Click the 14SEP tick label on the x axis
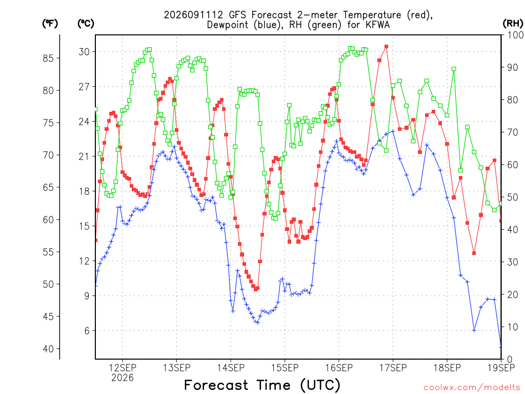pyautogui.click(x=231, y=368)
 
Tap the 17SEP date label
pyautogui.click(x=393, y=368)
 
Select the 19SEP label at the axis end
pyautogui.click(x=501, y=368)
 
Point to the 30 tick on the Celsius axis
pyautogui.click(x=85, y=52)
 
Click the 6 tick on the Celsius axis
pyautogui.click(x=87, y=331)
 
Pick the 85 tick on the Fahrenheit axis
pyautogui.click(x=48, y=58)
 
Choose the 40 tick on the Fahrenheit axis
pyautogui.click(x=48, y=349)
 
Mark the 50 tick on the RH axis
pyautogui.click(x=513, y=197)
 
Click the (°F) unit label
pyautogui.click(x=50, y=24)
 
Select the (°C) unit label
pyautogui.click(x=86, y=24)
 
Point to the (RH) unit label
pyautogui.click(x=513, y=24)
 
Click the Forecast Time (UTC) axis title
pyautogui.click(x=262, y=385)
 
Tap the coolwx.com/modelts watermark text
pyautogui.click(x=472, y=387)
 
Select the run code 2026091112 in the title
pyautogui.click(x=193, y=15)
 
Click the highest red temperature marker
pyautogui.click(x=387, y=47)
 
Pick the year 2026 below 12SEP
pyautogui.click(x=123, y=378)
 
